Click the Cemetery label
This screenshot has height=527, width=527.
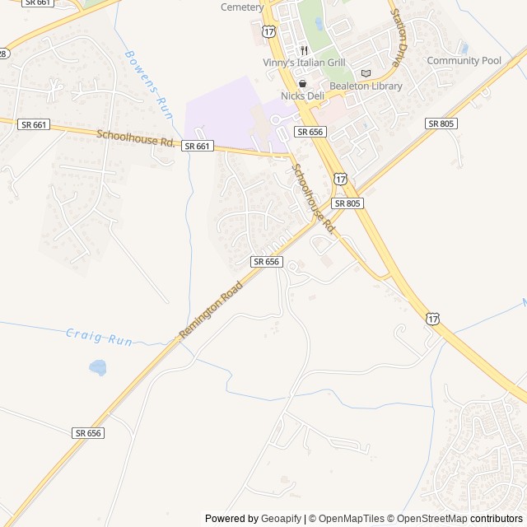(242, 7)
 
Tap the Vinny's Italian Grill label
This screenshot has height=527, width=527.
(304, 63)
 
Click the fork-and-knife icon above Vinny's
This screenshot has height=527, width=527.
(303, 50)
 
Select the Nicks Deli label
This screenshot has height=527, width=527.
(302, 96)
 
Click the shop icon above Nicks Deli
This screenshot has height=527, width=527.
(302, 84)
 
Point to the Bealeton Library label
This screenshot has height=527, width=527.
(366, 86)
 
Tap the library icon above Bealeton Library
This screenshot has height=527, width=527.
(366, 73)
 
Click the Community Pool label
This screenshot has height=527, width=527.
(464, 61)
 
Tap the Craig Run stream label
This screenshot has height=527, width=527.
(99, 337)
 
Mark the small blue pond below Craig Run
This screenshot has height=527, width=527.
(98, 366)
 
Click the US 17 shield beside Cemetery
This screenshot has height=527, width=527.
(269, 30)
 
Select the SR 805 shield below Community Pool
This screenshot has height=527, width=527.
(441, 123)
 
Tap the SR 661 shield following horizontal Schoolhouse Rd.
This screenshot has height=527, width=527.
(198, 146)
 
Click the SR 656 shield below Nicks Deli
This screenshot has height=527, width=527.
(310, 132)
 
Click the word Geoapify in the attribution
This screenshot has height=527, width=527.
(281, 519)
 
